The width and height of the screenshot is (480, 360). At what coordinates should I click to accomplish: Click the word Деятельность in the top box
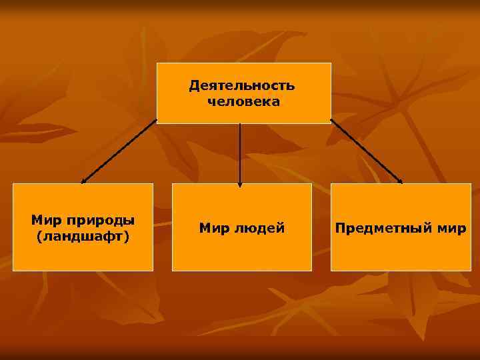point(241,85)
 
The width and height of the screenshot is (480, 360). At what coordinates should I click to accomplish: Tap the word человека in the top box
point(243,102)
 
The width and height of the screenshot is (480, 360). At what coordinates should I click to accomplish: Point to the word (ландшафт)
point(83,237)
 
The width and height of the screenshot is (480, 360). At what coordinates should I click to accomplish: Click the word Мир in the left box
point(45,220)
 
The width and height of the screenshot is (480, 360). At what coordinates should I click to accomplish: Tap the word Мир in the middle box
point(214,228)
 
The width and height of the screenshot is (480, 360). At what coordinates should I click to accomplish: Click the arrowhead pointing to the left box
point(83,181)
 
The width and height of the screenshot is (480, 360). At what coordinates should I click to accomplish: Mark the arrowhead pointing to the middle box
point(240,185)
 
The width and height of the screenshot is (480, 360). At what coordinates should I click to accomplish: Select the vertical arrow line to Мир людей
point(240,153)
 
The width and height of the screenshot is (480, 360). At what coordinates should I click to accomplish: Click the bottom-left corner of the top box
point(157,123)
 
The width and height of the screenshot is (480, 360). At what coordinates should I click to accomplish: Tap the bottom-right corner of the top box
point(331,123)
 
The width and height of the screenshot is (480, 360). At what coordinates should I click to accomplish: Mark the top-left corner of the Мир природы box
point(13,184)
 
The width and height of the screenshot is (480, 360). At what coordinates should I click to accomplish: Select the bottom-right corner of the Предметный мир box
point(471,271)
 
